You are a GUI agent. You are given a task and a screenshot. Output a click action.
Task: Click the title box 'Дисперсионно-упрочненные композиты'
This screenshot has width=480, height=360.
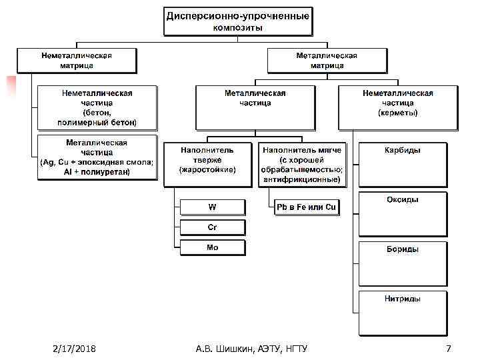click(237, 21)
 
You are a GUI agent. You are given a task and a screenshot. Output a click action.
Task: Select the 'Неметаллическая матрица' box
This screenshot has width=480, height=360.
click(77, 60)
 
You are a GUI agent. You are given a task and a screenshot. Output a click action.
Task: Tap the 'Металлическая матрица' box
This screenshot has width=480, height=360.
click(326, 60)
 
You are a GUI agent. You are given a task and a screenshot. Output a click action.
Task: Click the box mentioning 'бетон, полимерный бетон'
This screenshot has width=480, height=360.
click(97, 107)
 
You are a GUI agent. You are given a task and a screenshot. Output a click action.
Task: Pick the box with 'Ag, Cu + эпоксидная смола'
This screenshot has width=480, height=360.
click(97, 157)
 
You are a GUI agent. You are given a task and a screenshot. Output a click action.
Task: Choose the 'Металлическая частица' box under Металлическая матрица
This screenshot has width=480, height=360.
click(255, 101)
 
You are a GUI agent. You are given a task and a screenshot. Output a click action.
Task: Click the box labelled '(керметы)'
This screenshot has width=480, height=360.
click(397, 103)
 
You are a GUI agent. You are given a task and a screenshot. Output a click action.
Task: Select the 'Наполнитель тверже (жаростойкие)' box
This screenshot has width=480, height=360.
click(207, 163)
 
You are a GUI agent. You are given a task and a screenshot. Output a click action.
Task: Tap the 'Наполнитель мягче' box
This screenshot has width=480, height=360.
click(302, 163)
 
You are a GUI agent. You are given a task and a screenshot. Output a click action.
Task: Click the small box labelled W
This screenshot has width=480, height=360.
click(212, 207)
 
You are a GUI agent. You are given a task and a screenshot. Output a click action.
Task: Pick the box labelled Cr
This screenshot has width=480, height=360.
click(212, 227)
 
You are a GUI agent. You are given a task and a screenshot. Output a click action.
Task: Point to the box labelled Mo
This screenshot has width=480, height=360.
click(212, 247)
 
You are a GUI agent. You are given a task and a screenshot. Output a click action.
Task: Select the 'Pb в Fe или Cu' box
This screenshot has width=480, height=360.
click(307, 207)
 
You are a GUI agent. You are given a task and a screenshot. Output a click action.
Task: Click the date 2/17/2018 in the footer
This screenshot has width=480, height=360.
click(75, 349)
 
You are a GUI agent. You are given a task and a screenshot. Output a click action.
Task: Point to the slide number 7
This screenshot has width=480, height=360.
click(449, 349)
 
